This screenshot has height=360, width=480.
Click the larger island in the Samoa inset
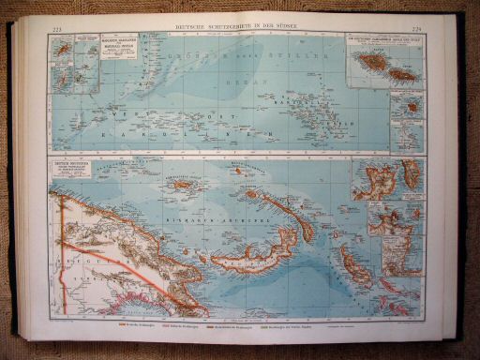371,64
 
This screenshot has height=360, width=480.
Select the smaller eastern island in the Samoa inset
403,74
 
